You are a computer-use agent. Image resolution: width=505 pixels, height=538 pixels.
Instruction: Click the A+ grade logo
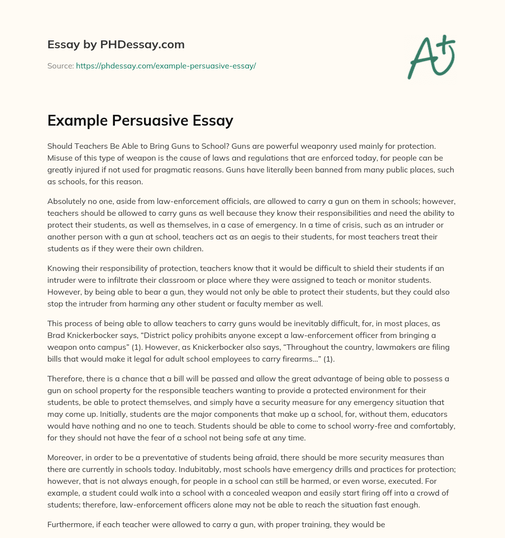click(x=432, y=57)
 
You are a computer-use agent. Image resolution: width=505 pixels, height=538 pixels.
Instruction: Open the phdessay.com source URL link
click(x=166, y=66)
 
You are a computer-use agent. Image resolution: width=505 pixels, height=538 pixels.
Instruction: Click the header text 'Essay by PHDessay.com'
click(x=116, y=45)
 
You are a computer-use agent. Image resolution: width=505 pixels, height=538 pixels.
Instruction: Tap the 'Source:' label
click(x=61, y=66)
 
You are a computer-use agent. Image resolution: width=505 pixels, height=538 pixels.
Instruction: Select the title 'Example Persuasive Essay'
click(x=140, y=121)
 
